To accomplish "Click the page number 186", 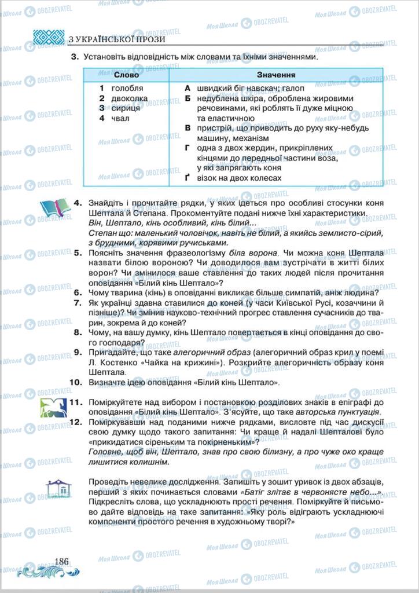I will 61,561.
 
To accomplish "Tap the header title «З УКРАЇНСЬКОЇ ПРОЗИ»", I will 116,39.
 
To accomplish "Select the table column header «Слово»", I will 126,75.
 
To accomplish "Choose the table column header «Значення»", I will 276,75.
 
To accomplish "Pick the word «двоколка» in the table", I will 130,98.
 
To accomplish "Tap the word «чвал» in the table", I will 121,118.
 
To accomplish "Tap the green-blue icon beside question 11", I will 54,408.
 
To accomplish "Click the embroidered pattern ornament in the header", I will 49,38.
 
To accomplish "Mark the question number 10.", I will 76,383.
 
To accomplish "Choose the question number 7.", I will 78,303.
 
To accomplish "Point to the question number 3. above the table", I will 75,57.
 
